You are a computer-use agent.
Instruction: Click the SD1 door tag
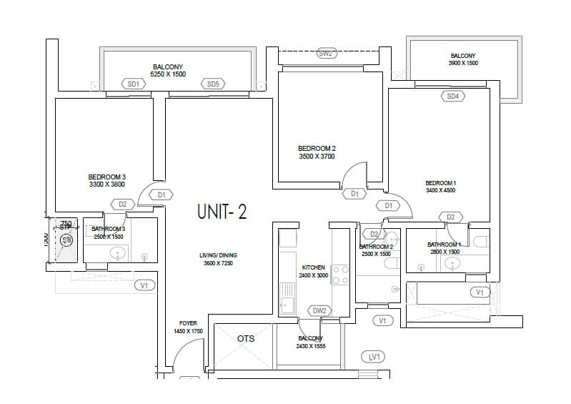133,84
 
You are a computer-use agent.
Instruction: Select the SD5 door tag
213,84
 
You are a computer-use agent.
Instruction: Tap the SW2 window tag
326,54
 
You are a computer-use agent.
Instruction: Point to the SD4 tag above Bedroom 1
452,96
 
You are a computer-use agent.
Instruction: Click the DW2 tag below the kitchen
319,310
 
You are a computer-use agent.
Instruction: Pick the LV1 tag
373,356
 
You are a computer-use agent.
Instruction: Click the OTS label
246,339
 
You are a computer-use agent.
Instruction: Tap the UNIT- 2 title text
222,212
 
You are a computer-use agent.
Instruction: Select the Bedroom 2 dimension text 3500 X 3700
317,157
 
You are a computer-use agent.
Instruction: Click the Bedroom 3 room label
107,177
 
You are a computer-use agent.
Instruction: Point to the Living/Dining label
218,255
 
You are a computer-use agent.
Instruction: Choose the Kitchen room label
313,267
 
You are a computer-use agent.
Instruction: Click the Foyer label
189,323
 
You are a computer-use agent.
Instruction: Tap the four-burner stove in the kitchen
340,275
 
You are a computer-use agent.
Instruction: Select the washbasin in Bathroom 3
118,252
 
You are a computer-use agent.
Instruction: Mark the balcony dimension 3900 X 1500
462,63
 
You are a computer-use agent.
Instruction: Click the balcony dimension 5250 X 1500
168,74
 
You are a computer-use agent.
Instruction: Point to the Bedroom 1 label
440,183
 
